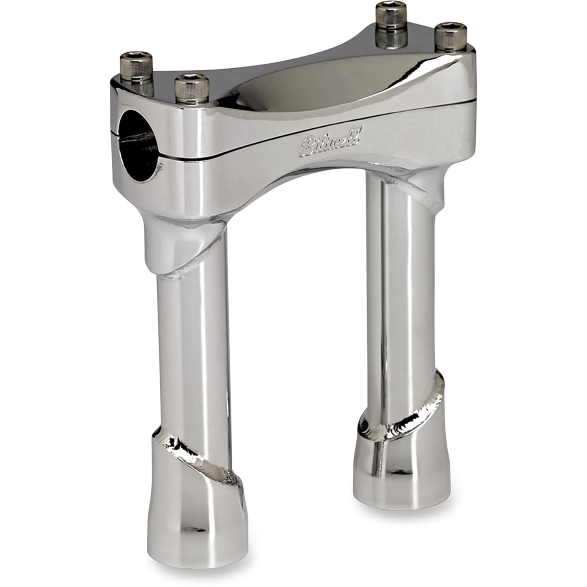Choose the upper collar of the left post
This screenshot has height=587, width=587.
pos(179,244)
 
